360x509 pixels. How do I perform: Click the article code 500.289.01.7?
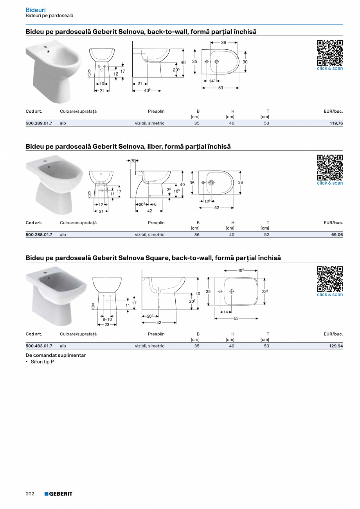point(39,123)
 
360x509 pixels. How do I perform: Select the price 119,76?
point(335,123)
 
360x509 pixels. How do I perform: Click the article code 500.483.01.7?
point(39,346)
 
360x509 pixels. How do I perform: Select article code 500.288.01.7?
point(39,235)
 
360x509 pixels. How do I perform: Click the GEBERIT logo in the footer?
point(58,494)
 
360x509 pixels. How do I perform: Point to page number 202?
point(30,494)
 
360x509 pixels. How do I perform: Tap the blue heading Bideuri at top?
point(36,10)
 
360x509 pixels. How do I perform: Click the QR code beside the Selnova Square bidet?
point(329,279)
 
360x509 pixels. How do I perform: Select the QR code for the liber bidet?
point(329,167)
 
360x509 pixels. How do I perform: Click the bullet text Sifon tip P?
point(42,362)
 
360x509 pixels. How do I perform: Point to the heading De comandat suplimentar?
point(56,355)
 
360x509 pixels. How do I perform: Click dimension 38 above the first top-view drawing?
point(223,42)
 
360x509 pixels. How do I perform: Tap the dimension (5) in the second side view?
point(133,160)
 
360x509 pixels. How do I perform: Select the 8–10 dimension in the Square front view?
point(107,319)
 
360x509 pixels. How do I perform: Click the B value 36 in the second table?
point(197,235)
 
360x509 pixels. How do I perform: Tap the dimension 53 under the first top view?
point(221,88)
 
